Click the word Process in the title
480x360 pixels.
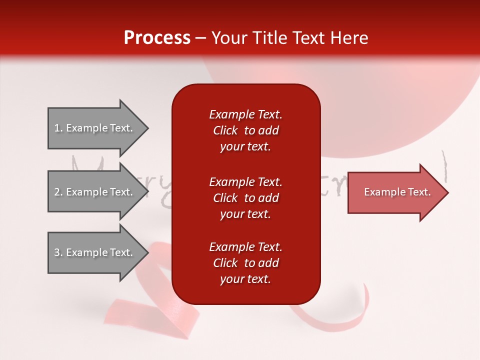157,38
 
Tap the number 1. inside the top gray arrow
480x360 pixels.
58,128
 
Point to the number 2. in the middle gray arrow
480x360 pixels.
58,192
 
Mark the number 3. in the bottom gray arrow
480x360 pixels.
58,252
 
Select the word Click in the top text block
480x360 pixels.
225,130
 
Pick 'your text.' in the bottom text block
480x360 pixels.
245,279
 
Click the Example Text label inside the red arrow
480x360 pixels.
397,192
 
